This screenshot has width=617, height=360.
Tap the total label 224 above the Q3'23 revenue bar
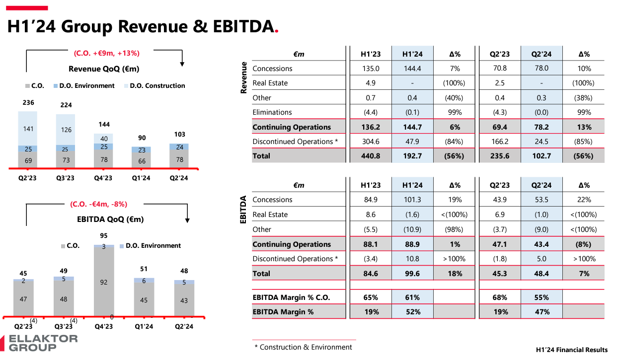[x=66, y=105]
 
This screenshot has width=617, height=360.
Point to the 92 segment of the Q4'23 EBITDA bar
[x=103, y=282]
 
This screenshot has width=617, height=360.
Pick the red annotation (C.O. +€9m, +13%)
[x=107, y=53]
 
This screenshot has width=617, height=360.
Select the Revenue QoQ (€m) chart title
[x=104, y=69]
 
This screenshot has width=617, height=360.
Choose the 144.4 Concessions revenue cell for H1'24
[x=412, y=69]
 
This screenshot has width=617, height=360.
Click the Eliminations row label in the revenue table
[x=272, y=112]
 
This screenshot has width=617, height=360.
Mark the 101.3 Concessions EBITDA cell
[x=412, y=200]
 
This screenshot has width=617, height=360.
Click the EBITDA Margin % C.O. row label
[x=291, y=297]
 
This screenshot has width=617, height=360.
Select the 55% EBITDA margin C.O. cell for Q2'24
[x=541, y=297]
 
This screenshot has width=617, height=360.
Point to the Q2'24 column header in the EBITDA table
[x=541, y=185]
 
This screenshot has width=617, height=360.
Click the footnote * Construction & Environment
[x=303, y=347]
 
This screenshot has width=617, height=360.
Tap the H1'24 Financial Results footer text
[x=572, y=350]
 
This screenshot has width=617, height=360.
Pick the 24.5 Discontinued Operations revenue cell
[x=541, y=142]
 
